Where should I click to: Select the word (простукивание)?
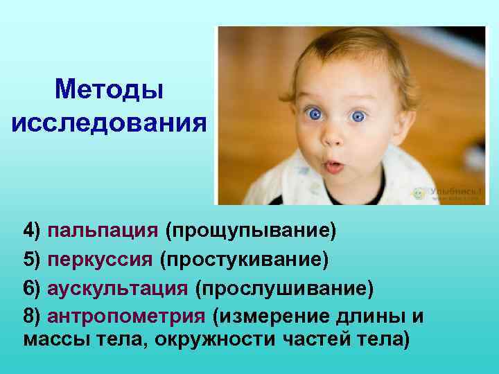[243, 259]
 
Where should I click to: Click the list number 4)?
[32, 230]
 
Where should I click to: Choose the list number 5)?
[32, 259]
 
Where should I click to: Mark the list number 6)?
[32, 287]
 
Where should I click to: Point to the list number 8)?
[32, 316]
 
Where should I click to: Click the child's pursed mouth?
[334, 166]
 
